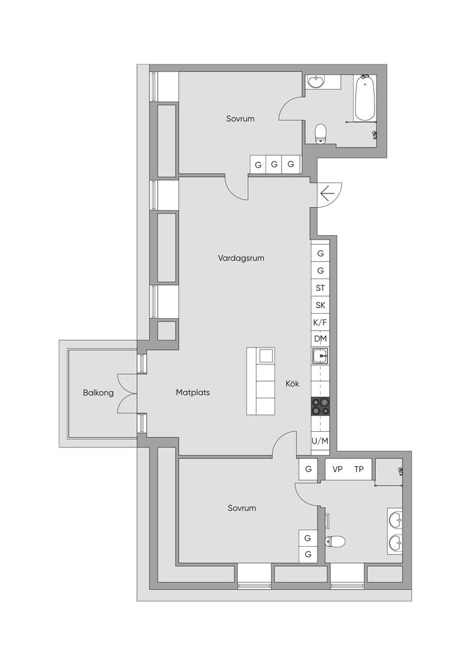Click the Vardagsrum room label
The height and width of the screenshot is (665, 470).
coord(241,258)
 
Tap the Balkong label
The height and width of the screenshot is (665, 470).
coord(98,393)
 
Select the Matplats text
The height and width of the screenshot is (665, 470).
coord(193,392)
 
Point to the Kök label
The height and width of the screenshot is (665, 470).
coord(292,383)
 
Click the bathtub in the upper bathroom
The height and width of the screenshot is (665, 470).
coord(364,97)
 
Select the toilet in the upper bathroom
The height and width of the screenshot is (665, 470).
coord(321,134)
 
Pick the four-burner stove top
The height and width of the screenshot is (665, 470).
coord(321,406)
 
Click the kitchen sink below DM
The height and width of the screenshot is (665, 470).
coord(320,356)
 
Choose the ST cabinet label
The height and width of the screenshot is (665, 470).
coord(321,288)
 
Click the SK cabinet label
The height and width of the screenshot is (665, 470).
coord(321,305)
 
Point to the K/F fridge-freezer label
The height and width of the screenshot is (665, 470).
coord(321,322)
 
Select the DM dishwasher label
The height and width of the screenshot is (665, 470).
coord(321,339)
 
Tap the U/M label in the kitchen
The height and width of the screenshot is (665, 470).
coord(320,441)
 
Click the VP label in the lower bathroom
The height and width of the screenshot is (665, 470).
coord(338,470)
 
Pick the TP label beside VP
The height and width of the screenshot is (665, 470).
coord(358,470)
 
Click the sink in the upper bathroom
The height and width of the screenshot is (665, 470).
coord(315,81)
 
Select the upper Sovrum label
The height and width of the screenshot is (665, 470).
coord(240,119)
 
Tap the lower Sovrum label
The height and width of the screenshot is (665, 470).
coord(241,508)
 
